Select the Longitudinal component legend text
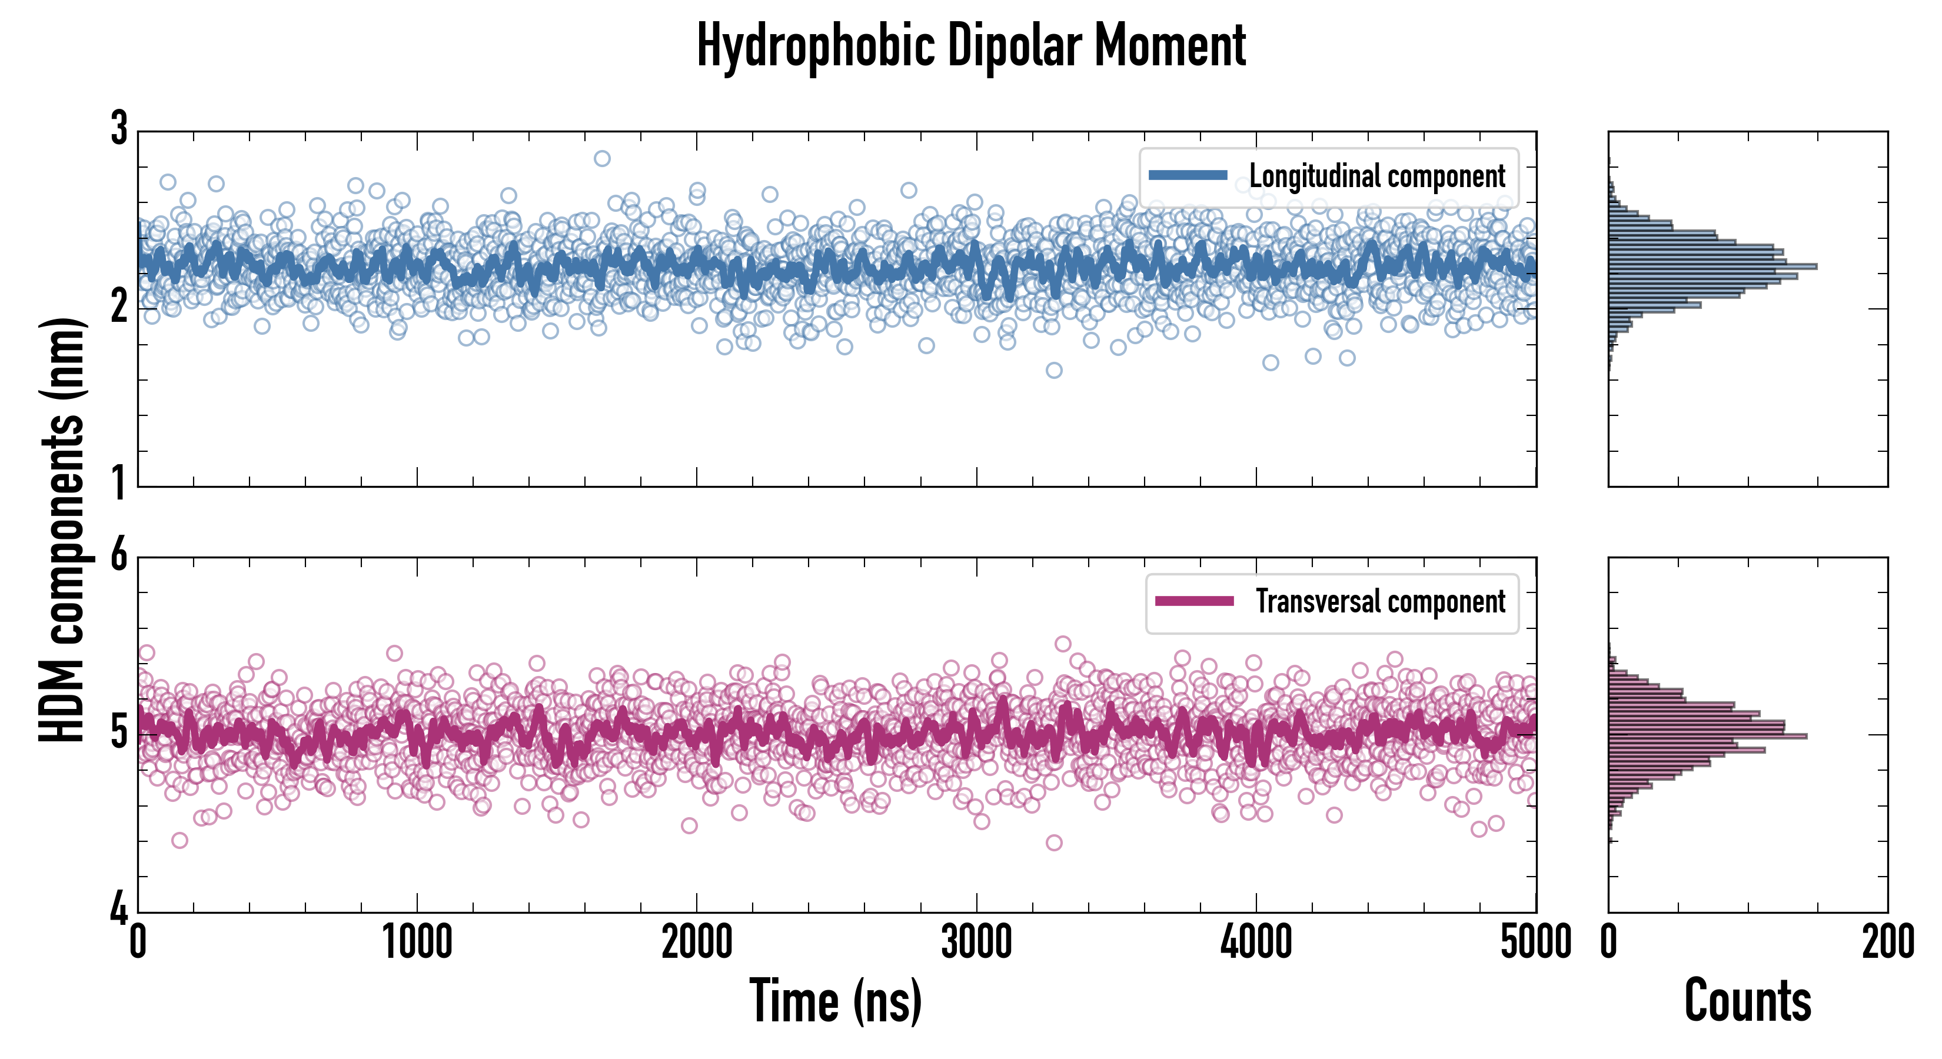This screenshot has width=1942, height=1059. point(1376,176)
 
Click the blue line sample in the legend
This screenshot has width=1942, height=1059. point(1188,176)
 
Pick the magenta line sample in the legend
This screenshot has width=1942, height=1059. point(1194,601)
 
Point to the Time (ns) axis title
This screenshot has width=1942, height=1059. point(835,1001)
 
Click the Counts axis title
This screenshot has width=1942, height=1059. point(1747,1001)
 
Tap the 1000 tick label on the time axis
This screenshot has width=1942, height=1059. point(417,942)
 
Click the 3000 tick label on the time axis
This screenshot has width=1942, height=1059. point(976,942)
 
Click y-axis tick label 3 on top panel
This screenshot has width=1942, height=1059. point(119,129)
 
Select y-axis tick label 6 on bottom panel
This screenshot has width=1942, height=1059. point(119,556)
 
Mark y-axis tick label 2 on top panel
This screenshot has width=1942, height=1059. point(119,307)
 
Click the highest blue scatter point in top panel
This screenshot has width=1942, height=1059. point(601,158)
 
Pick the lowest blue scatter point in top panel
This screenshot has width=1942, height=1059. point(1054,370)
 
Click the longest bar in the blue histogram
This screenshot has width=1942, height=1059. point(1711,266)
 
